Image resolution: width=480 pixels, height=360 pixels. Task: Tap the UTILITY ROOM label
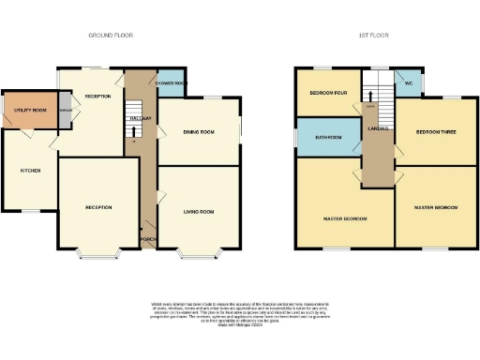[30, 111]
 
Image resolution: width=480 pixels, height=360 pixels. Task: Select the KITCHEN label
[31, 171]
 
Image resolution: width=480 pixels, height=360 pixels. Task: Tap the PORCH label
[147, 238]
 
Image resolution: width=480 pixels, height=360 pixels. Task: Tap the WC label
[409, 82]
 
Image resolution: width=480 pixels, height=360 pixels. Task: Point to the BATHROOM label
[328, 138]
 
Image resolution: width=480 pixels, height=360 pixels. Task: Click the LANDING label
[378, 129]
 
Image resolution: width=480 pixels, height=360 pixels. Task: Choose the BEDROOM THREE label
[436, 132]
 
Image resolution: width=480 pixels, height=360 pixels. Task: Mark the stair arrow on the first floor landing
[370, 96]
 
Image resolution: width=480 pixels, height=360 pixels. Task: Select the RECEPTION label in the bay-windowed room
[98, 206]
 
